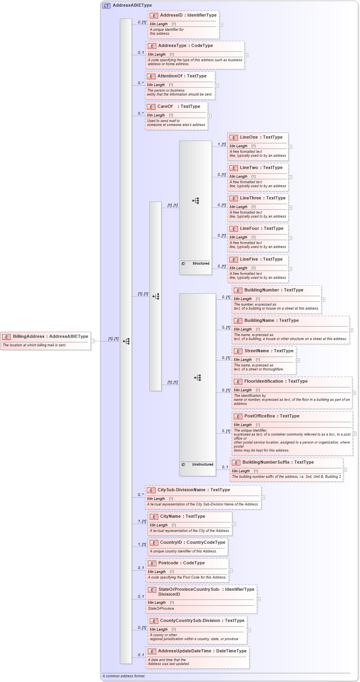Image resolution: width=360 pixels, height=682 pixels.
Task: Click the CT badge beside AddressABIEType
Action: (106, 6)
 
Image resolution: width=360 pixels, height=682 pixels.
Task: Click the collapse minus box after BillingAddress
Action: (93, 341)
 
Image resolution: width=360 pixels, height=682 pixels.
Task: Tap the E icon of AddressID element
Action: (154, 15)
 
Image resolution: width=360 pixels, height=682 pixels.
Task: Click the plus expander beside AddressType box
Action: (246, 55)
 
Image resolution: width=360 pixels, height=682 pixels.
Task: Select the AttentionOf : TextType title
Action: (182, 76)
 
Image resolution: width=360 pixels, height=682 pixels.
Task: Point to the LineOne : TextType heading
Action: (261, 137)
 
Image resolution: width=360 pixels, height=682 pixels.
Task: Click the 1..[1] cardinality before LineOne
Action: (222, 144)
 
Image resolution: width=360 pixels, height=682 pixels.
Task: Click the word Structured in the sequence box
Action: (201, 263)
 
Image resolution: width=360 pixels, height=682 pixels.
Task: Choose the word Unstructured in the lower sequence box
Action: (202, 464)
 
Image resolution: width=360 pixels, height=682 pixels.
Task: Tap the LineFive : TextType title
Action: (261, 259)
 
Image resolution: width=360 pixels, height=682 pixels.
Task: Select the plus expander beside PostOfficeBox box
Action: (354, 434)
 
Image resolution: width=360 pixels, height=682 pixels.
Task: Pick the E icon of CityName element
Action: (154, 517)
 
